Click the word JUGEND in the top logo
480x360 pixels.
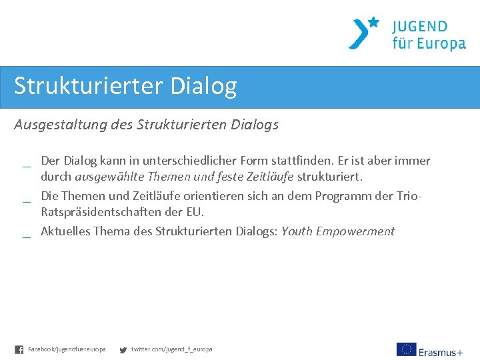(x=420, y=27)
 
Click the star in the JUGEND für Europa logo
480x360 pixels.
(x=373, y=22)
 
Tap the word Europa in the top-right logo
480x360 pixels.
(x=440, y=45)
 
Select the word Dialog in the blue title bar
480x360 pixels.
(x=203, y=87)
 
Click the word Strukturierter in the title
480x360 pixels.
(x=89, y=87)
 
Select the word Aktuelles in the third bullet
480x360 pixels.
(x=65, y=231)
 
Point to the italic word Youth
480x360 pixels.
(x=297, y=231)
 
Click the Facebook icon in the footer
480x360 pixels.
(x=19, y=349)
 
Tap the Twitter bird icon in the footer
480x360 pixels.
(x=123, y=349)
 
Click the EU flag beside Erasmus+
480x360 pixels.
(x=406, y=349)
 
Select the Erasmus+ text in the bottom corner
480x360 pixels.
(x=441, y=351)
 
